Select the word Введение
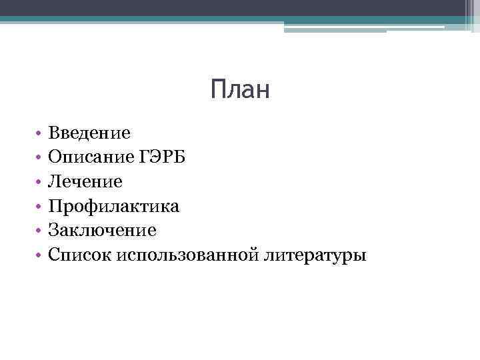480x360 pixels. (x=89, y=133)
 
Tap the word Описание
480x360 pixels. (x=90, y=157)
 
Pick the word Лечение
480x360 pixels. (x=85, y=181)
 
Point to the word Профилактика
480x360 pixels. (x=113, y=206)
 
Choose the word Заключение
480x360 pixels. (x=102, y=231)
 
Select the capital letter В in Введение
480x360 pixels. (x=54, y=133)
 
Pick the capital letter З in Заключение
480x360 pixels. (x=53, y=231)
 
